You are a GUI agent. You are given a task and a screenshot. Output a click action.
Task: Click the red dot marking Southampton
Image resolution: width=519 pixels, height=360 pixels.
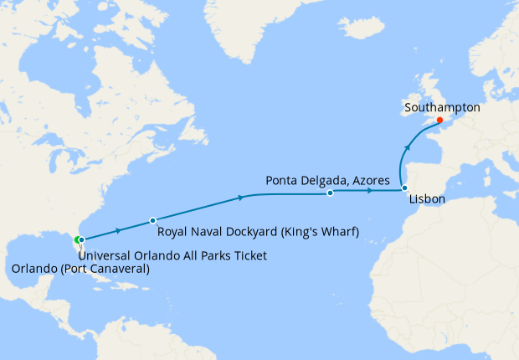point(439,119)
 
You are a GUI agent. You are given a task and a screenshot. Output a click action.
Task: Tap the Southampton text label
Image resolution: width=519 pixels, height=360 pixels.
point(441,107)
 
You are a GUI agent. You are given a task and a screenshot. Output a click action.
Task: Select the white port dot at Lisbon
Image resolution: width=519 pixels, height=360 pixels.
point(403,188)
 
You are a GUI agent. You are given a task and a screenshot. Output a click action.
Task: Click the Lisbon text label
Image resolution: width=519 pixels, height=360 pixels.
point(427,201)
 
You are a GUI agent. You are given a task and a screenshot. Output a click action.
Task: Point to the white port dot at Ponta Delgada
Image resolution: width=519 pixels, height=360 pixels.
point(330,193)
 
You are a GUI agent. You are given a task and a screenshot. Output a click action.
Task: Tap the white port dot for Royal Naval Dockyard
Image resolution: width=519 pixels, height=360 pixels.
point(152,221)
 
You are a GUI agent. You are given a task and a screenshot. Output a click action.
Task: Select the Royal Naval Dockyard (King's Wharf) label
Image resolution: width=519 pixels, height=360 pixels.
point(258,232)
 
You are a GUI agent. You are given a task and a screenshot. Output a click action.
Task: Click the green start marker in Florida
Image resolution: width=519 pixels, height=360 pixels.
point(76,240)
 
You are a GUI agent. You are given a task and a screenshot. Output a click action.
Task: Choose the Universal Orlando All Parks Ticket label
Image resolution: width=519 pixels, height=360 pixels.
point(173,255)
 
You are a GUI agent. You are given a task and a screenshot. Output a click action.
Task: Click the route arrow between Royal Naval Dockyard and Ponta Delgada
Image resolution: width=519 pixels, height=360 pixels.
point(241,198)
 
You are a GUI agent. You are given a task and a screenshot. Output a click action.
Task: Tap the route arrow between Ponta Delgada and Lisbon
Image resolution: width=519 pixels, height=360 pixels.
point(369,191)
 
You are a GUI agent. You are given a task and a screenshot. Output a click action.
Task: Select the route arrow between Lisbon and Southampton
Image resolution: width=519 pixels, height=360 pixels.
point(408,147)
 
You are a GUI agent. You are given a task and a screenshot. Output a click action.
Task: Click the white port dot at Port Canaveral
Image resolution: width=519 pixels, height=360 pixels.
point(81,241)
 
